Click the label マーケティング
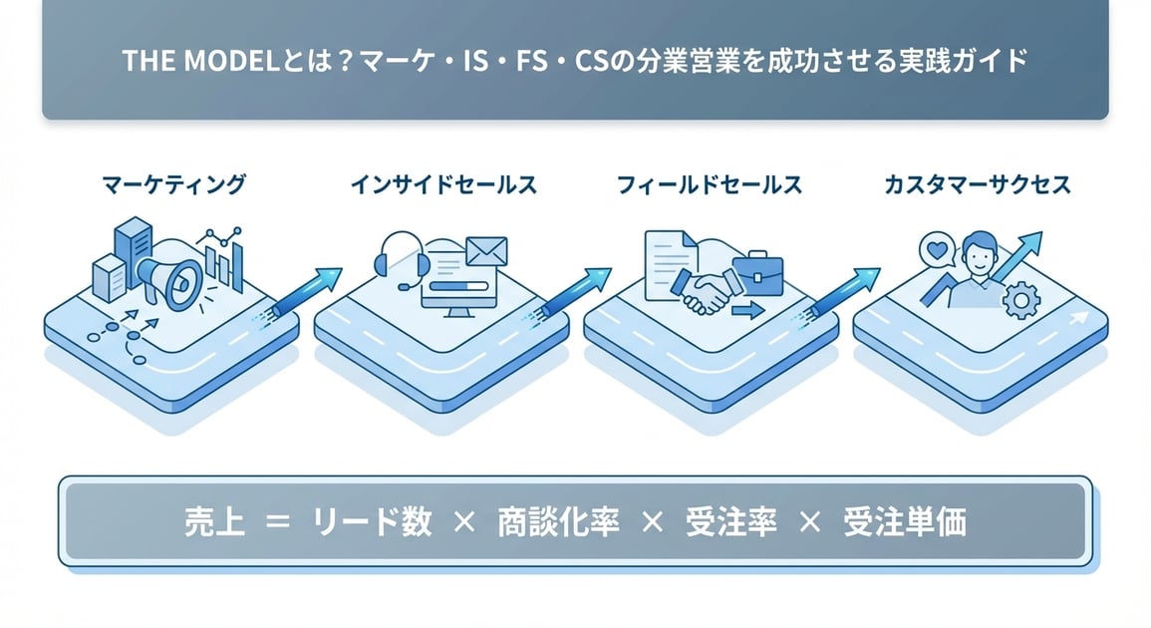174,184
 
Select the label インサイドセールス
443,184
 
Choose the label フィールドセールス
710,184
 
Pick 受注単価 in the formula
904,522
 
